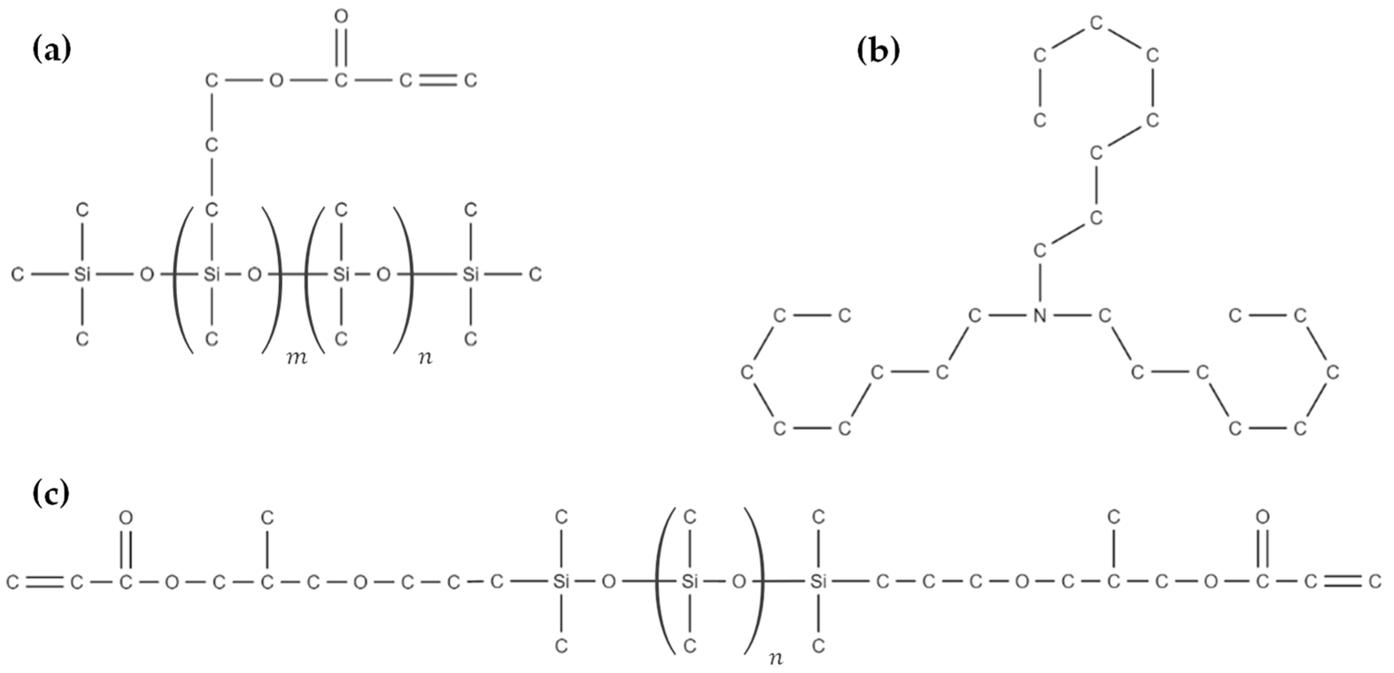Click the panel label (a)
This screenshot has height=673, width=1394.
(51, 51)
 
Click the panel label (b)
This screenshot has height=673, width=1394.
(878, 51)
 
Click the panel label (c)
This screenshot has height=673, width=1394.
(51, 494)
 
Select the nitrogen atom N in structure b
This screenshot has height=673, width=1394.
(1039, 315)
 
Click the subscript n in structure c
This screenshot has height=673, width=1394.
(776, 658)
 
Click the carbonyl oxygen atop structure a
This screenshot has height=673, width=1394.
(340, 17)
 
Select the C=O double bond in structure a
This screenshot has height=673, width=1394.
(340, 48)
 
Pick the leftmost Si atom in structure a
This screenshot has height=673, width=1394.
(82, 275)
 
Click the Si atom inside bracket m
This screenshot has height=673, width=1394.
(211, 275)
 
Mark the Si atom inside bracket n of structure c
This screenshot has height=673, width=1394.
(689, 582)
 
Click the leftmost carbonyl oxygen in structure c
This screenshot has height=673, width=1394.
(126, 518)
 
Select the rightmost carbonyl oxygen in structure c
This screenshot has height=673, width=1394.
(1262, 518)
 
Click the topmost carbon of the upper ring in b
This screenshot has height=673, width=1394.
(1096, 23)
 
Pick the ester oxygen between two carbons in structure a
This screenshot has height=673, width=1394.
(276, 81)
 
